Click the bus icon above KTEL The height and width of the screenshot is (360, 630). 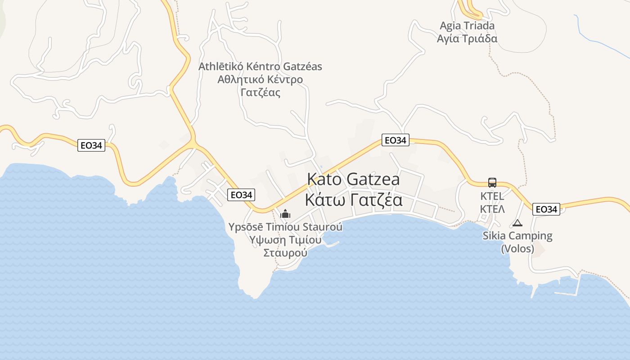pos(492,183)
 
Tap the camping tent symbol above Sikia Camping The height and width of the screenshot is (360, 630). pos(517,223)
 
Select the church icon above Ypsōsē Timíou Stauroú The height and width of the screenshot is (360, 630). pos(285,213)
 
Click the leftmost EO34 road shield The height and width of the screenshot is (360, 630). pos(91,145)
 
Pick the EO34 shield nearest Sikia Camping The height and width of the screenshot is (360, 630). pos(546,209)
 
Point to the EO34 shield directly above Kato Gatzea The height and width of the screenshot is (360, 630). pos(396,140)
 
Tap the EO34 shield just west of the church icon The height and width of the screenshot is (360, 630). pos(241,195)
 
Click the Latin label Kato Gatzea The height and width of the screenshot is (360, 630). pos(353,179)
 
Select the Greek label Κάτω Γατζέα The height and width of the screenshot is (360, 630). pos(354,200)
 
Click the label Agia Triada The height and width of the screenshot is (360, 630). pos(467,26)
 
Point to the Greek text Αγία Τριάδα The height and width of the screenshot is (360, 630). pos(467,38)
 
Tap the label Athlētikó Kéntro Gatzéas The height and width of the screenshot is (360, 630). pos(261,67)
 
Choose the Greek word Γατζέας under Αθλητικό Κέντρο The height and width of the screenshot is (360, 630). pos(261,93)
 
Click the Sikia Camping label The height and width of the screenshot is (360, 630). pos(517,236)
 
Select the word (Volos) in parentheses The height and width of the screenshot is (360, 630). pos(517,248)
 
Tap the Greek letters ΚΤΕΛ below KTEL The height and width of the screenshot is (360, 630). pos(492,209)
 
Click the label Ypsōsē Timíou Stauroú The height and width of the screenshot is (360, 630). pos(285,227)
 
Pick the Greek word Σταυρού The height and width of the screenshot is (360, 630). pos(285,252)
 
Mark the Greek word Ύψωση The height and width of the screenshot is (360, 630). pos(268,239)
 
